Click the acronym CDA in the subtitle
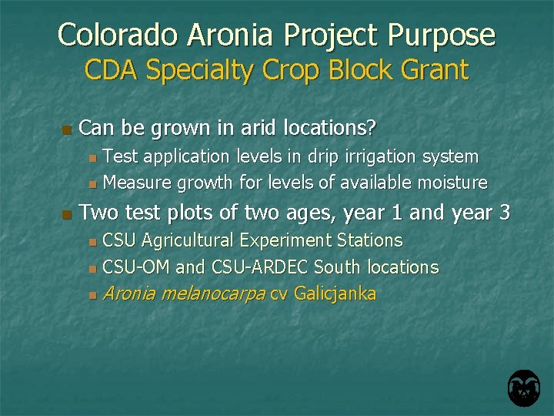tap(112, 70)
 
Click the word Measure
tap(137, 183)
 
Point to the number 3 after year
tap(504, 212)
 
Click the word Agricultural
tap(187, 240)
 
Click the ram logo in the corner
tap(523, 388)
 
